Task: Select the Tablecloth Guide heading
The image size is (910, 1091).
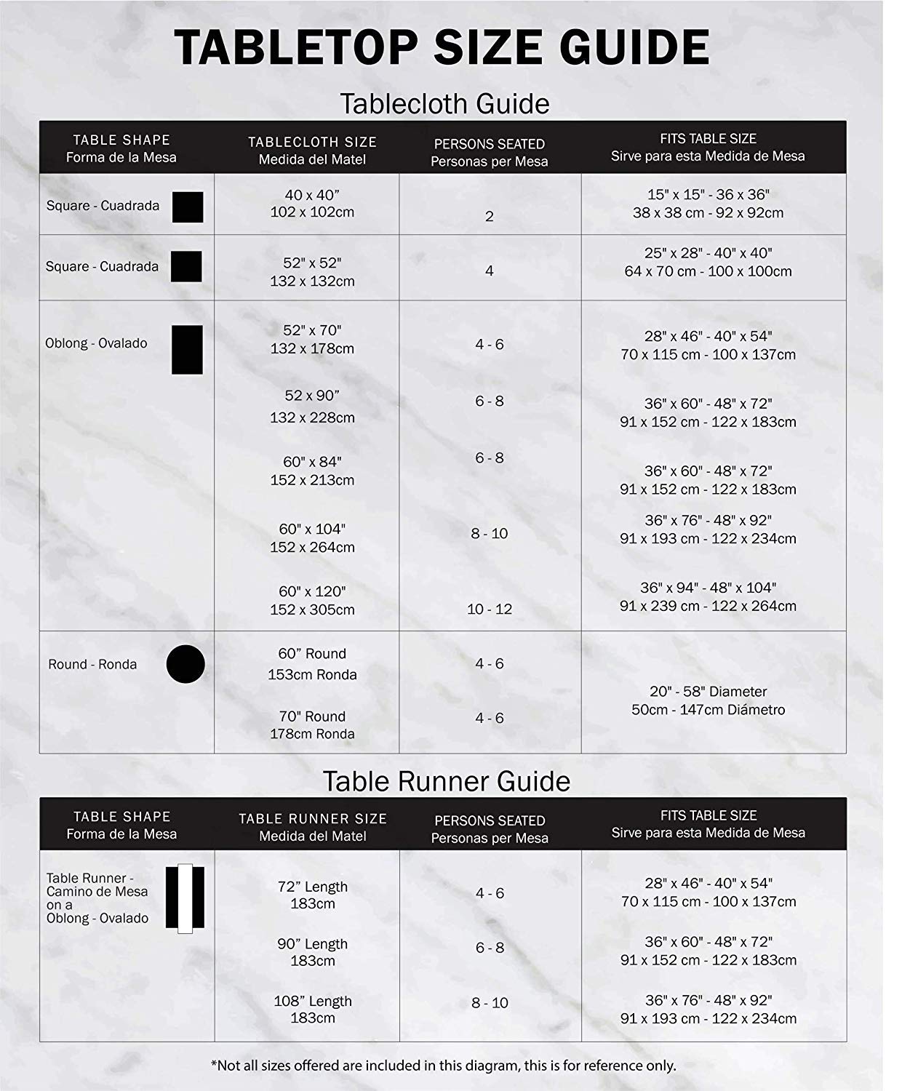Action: tap(444, 104)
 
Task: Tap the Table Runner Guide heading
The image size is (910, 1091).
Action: tap(447, 781)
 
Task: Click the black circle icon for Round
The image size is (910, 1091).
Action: tap(185, 664)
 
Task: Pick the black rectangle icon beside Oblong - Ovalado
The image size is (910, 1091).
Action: tap(187, 350)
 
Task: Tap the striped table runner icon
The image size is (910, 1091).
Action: tap(185, 898)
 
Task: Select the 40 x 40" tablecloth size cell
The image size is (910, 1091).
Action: tap(312, 204)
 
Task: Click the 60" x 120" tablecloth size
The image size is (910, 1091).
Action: tap(312, 600)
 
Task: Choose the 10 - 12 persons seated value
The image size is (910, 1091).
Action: tap(490, 609)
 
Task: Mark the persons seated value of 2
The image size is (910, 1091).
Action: tap(490, 216)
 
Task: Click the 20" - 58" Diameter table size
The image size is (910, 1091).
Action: tap(708, 700)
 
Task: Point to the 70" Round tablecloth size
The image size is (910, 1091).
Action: tap(312, 725)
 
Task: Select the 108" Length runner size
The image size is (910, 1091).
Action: tap(313, 1009)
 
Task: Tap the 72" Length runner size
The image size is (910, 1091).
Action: tap(313, 895)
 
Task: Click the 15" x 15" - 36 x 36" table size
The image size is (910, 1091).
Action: tap(708, 204)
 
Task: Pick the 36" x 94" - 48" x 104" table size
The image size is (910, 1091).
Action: tap(708, 596)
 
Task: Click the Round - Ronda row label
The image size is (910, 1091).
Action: tap(92, 664)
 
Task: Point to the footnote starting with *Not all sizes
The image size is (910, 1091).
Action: tap(443, 1066)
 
